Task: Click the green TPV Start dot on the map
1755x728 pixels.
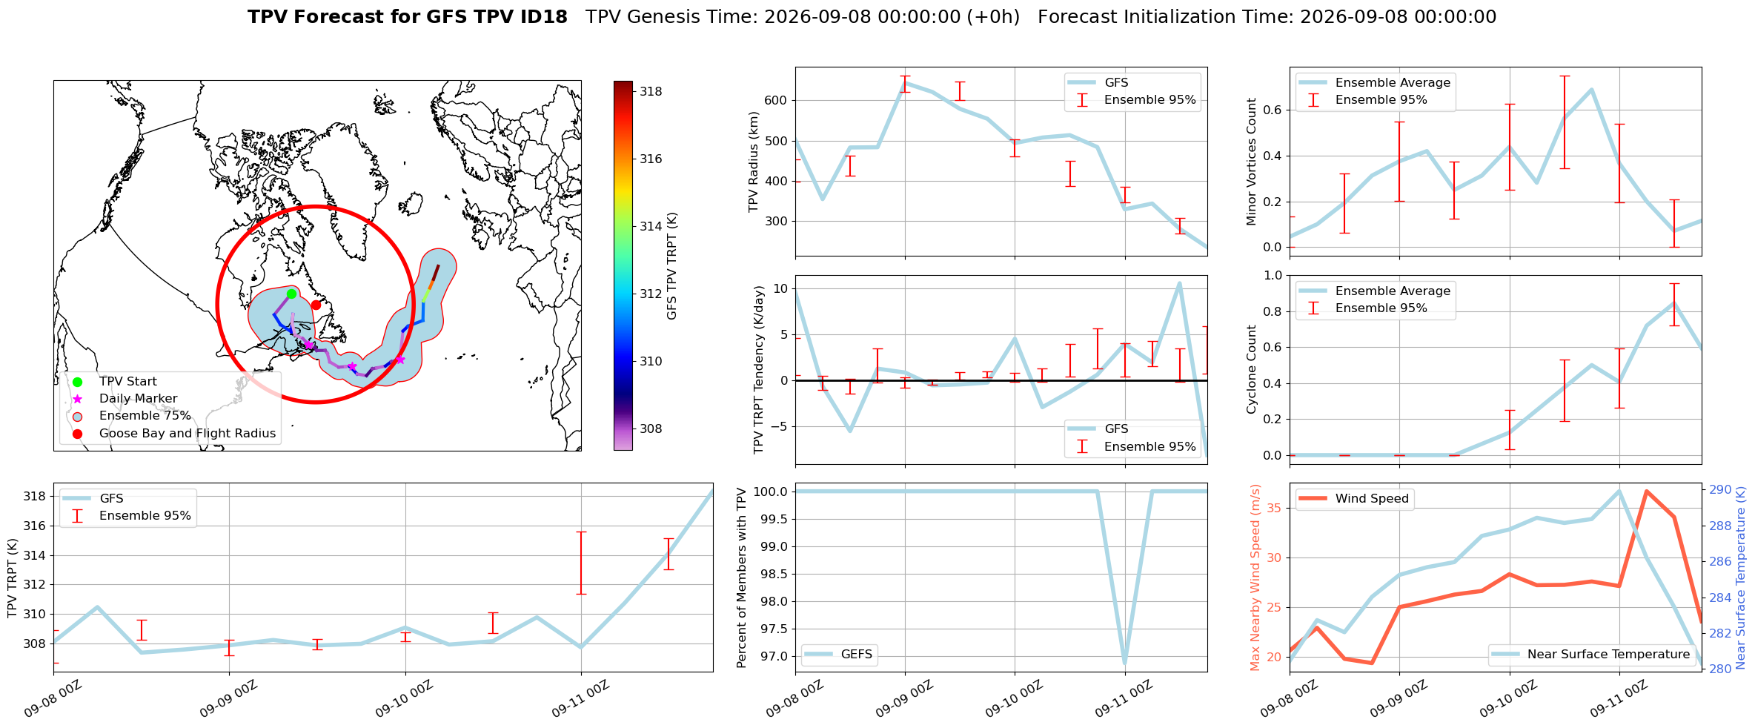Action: click(x=291, y=294)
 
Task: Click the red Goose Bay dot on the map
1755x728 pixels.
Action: click(x=316, y=305)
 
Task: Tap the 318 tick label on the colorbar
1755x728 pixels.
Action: click(x=651, y=91)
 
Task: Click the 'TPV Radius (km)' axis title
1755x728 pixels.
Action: click(x=754, y=162)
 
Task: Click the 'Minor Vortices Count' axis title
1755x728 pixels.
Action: click(x=1252, y=162)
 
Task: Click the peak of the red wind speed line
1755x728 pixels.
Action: click(x=1646, y=491)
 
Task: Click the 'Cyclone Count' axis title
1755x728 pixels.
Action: click(x=1252, y=369)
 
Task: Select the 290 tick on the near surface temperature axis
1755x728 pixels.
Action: click(x=1720, y=489)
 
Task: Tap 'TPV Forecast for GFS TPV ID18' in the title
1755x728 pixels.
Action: click(x=408, y=17)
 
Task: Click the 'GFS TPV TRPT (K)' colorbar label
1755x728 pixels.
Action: click(x=672, y=265)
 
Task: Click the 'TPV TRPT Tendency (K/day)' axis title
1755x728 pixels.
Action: click(x=758, y=369)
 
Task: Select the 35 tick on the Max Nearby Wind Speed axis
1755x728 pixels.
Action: click(x=1276, y=508)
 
